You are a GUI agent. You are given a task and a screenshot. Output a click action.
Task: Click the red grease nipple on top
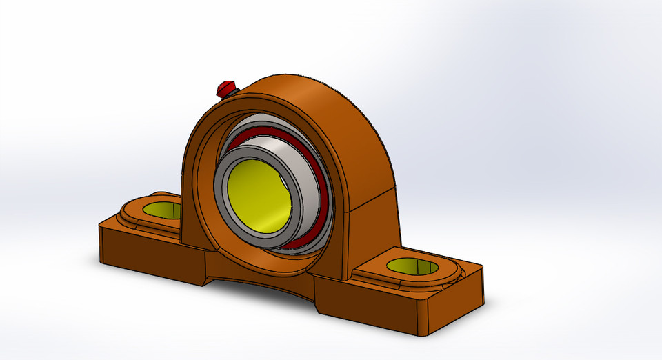pyautogui.click(x=224, y=87)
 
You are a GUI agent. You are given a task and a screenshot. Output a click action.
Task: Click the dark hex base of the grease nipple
pyautogui.click(x=232, y=92)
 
